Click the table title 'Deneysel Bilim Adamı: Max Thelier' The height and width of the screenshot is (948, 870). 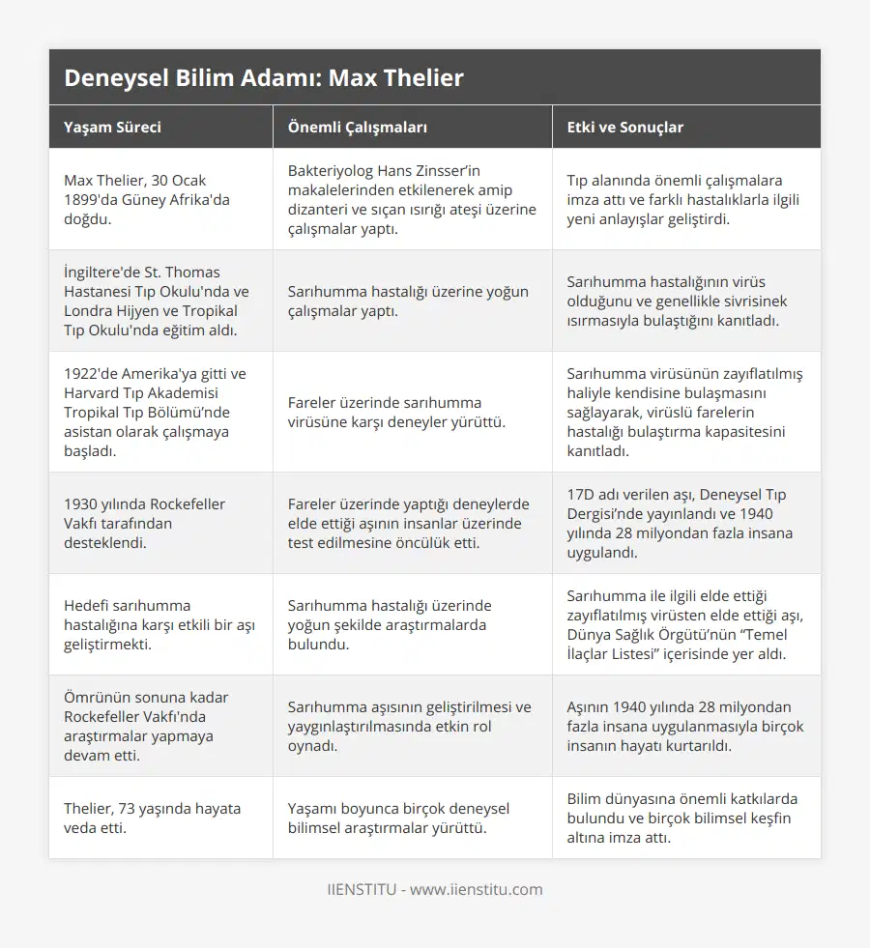(x=264, y=77)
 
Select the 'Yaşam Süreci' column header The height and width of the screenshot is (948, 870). (x=112, y=128)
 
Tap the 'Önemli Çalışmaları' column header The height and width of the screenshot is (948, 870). (x=358, y=128)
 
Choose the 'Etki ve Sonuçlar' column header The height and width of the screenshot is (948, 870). (x=625, y=128)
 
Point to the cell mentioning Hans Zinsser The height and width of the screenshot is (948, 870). (x=412, y=199)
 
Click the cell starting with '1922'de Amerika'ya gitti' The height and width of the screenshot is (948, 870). (x=155, y=412)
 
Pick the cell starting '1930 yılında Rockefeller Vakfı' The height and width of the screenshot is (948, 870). (x=145, y=523)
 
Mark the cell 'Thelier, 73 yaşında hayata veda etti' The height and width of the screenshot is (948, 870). (x=153, y=818)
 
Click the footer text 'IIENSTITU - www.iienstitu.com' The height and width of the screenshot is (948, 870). (x=435, y=889)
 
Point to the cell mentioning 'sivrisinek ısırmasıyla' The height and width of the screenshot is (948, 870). (x=685, y=301)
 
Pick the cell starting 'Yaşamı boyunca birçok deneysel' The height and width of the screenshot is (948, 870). (x=398, y=818)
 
